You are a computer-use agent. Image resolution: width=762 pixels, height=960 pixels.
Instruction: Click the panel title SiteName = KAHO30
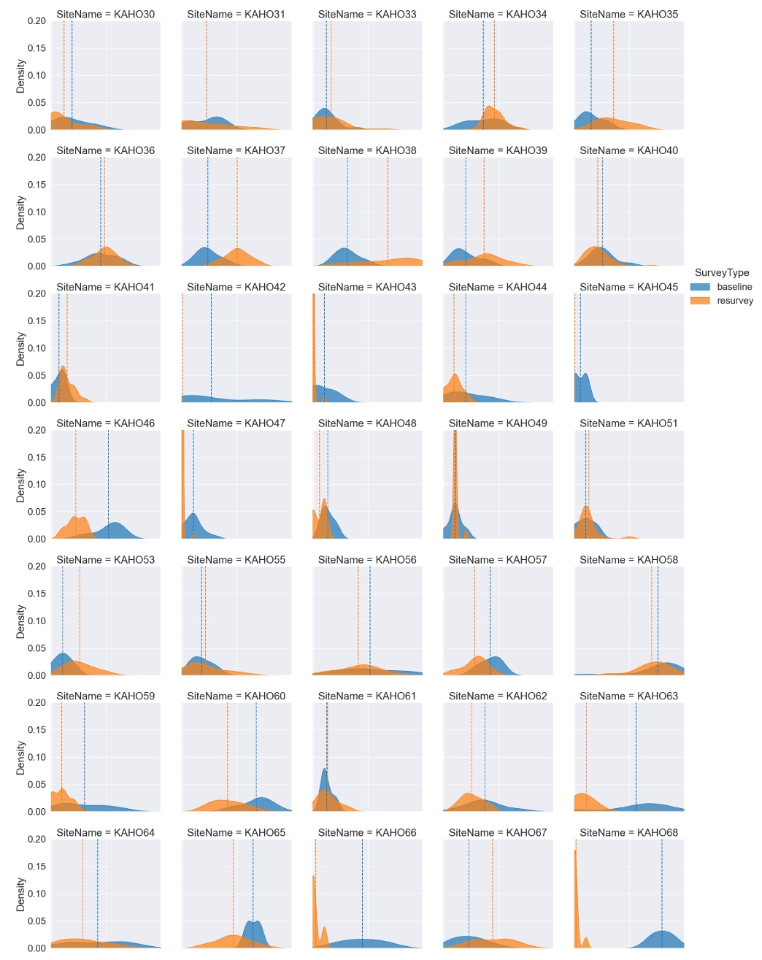click(105, 14)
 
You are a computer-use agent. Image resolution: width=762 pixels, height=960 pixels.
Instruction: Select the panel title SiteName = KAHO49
click(498, 423)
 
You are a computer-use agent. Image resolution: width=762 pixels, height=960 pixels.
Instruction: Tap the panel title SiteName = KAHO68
click(628, 832)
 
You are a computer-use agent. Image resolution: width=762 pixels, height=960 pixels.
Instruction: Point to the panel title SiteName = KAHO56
click(367, 560)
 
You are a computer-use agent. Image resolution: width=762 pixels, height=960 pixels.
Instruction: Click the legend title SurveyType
click(722, 273)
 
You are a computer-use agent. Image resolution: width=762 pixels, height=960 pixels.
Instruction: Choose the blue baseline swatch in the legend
click(700, 287)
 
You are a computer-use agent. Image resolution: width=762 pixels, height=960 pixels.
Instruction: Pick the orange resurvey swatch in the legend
click(700, 301)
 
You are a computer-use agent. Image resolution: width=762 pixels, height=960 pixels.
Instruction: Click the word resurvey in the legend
click(735, 301)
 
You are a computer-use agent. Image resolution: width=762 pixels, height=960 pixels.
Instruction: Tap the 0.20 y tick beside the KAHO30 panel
click(36, 21)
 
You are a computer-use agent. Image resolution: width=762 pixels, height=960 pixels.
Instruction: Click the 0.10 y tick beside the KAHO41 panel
click(36, 348)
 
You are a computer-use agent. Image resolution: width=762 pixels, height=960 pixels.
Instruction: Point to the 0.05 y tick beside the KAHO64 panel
click(36, 921)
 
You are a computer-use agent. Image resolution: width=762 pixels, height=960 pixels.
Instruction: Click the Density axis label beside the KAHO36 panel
click(20, 212)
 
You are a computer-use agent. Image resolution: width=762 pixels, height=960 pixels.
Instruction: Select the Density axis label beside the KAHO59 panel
click(20, 757)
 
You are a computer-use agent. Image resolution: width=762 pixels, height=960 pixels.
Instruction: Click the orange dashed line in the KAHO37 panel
click(237, 204)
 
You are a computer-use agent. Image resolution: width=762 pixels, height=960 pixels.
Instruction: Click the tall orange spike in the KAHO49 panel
click(455, 467)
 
